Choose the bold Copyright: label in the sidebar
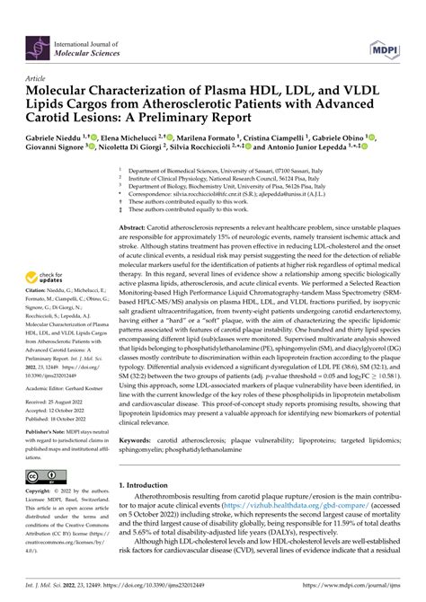pyautogui.click(x=39, y=494)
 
